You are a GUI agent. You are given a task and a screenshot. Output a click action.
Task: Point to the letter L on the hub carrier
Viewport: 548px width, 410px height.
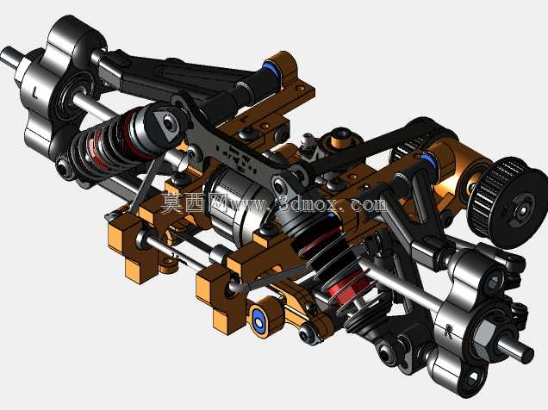(34, 92)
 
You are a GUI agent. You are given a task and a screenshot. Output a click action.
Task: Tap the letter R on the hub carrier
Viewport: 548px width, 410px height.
(448, 330)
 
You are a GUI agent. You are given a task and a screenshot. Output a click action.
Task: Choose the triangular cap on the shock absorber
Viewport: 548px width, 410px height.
(166, 125)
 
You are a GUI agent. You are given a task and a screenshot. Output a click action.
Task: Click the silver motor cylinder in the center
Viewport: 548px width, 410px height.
(238, 202)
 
